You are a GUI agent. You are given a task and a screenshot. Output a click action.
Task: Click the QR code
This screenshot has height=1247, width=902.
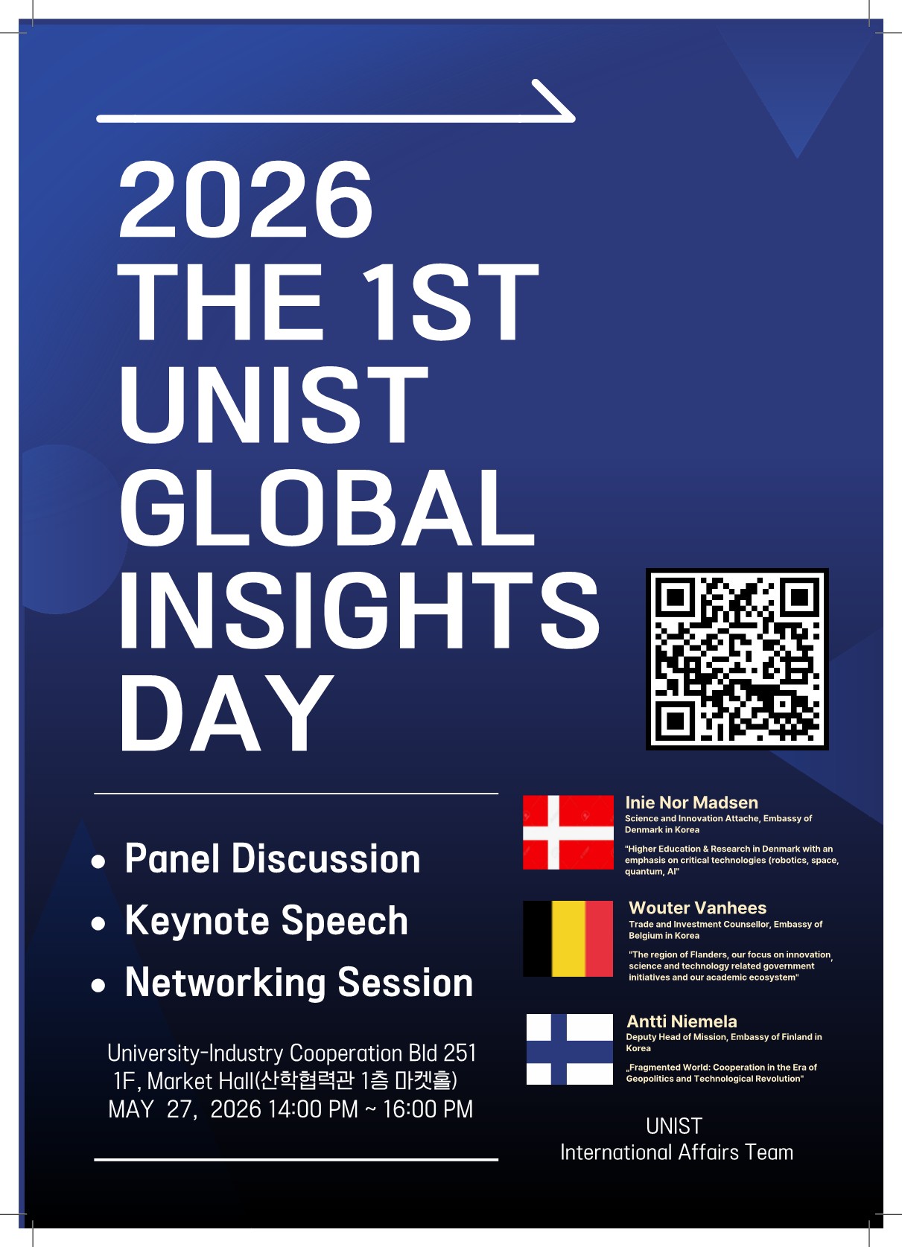click(737, 659)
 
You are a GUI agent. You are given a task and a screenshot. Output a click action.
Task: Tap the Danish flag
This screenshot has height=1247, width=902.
click(568, 832)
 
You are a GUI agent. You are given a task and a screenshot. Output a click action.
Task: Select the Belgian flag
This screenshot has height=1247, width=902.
click(568, 938)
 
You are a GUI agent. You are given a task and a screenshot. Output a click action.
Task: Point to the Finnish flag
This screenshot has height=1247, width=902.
click(569, 1049)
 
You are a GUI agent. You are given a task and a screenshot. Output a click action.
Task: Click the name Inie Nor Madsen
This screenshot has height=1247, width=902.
click(691, 803)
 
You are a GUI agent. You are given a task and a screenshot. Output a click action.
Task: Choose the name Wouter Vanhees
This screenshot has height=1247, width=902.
click(697, 908)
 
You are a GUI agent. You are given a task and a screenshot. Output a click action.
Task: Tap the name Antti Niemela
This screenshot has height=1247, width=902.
click(682, 1021)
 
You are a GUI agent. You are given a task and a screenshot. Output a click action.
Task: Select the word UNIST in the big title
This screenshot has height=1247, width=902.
click(273, 404)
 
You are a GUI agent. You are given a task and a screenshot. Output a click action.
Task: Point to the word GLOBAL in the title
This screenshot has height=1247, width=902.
click(328, 507)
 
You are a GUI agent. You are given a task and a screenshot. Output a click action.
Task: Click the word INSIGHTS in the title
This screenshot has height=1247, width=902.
click(359, 610)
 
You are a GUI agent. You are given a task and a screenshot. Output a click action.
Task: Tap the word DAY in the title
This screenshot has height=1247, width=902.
click(226, 712)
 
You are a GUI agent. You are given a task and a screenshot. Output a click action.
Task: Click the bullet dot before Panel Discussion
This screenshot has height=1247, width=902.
click(98, 862)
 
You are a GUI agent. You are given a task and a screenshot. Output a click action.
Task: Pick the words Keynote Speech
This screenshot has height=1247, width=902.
click(267, 922)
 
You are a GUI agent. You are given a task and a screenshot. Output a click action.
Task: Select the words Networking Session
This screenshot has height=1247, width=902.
click(299, 983)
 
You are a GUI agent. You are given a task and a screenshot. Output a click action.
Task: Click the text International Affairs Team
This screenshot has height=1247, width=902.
click(677, 1152)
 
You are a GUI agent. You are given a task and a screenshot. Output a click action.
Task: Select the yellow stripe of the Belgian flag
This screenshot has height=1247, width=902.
click(568, 938)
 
